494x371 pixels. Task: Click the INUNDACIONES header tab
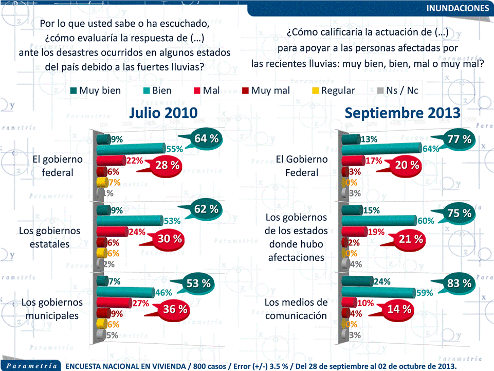click(458, 8)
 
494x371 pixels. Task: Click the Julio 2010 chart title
click(163, 113)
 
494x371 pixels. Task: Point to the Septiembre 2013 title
click(402, 113)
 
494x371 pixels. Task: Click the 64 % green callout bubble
click(207, 138)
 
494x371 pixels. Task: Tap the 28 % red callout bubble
click(168, 165)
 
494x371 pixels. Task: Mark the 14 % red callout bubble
click(399, 309)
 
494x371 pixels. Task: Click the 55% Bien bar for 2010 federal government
click(139, 149)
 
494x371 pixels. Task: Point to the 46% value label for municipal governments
click(163, 293)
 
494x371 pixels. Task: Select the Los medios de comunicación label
click(296, 309)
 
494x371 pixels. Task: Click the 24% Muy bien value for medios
click(382, 281)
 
